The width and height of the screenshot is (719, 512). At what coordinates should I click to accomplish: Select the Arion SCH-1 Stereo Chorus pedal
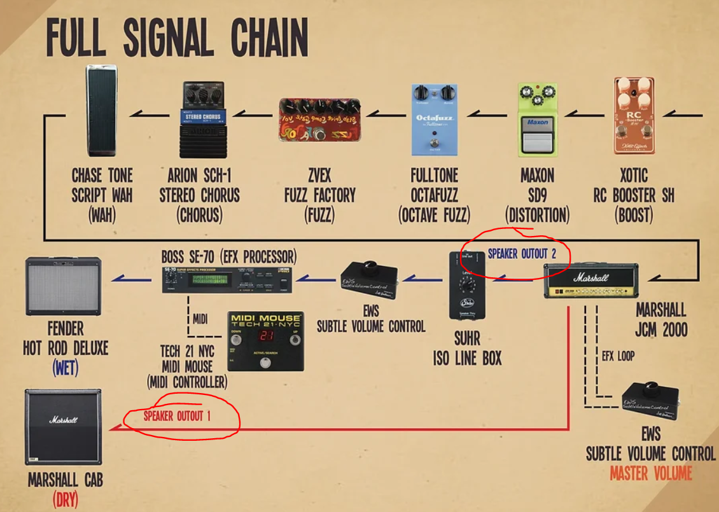(x=202, y=120)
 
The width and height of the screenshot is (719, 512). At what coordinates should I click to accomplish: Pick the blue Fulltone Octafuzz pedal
(x=434, y=120)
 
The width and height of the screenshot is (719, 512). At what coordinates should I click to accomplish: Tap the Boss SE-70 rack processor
(x=227, y=279)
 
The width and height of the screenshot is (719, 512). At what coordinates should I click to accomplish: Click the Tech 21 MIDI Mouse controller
(x=265, y=341)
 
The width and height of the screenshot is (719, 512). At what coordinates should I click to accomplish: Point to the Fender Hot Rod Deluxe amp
(x=62, y=286)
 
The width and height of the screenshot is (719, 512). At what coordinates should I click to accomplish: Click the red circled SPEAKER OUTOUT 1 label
(x=176, y=417)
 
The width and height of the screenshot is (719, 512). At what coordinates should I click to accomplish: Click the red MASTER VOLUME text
(x=650, y=473)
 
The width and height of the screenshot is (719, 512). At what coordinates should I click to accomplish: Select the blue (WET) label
(x=65, y=368)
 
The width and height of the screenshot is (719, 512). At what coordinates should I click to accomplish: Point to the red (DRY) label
(x=65, y=499)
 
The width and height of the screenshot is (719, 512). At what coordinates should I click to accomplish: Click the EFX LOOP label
(x=618, y=356)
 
